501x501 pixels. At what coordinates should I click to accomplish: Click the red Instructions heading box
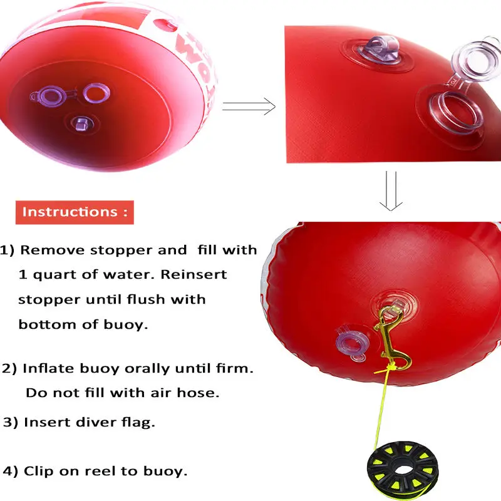(x=75, y=212)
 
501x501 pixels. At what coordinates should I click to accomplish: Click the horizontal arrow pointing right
(x=249, y=106)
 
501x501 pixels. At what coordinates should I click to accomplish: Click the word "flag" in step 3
(x=138, y=422)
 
